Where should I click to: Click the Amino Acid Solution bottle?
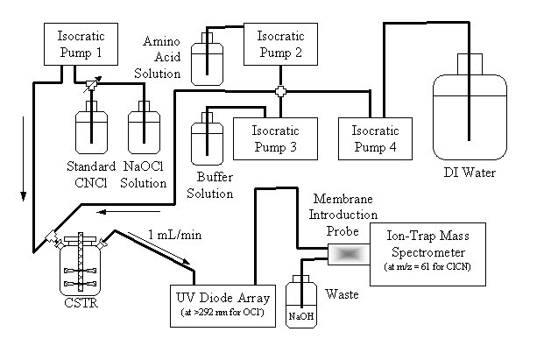tap(208, 60)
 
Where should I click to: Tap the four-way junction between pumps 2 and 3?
tap(280, 91)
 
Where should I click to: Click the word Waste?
tap(343, 294)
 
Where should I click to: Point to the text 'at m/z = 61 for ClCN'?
tap(430, 265)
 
